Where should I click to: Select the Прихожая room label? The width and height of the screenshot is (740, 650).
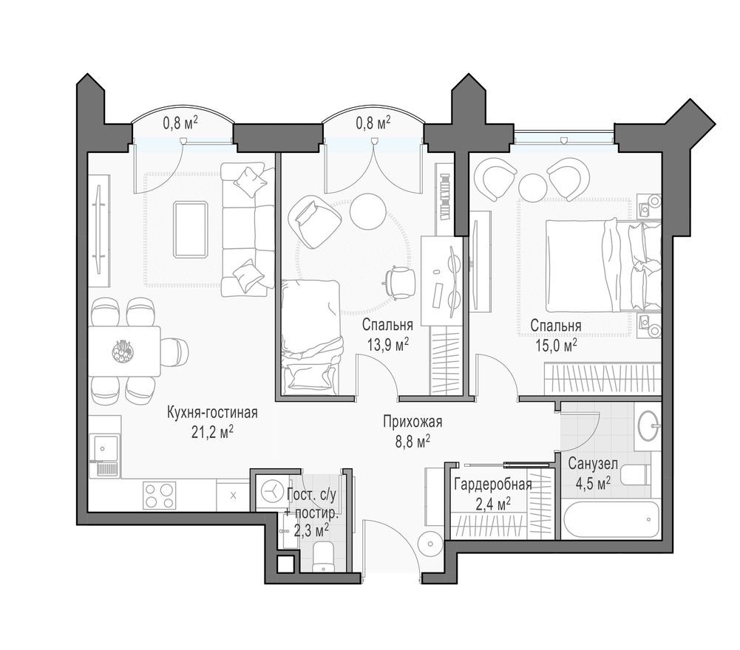pos(412,422)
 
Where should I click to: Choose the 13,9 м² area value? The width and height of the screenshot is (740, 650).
pos(386,343)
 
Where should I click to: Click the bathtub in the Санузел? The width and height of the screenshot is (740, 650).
pos(609,521)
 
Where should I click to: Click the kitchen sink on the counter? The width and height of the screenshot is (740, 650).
pos(103,446)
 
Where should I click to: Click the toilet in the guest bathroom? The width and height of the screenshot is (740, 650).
pos(324,557)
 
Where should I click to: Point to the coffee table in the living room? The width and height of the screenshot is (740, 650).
pos(190,229)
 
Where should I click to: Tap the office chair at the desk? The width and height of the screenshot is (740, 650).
pos(400,282)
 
